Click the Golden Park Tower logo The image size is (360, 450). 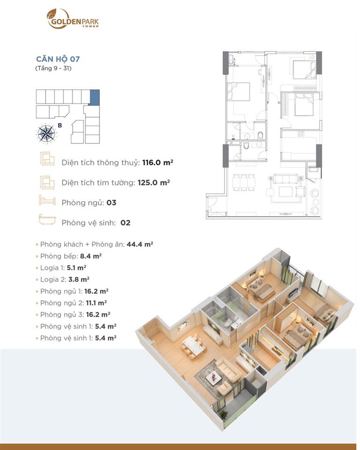(x=73, y=19)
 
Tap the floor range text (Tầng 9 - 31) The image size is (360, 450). (x=53, y=68)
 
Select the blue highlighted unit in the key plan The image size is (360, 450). (x=95, y=97)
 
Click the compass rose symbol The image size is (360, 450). (x=46, y=134)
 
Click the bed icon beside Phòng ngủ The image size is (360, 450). (x=47, y=201)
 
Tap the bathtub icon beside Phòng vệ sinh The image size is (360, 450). (x=47, y=220)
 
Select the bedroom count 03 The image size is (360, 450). (x=112, y=202)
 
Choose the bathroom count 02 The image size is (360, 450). (x=125, y=223)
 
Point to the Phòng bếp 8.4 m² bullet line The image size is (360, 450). (x=71, y=256)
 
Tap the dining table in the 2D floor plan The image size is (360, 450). (x=244, y=182)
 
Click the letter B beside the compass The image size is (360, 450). (x=60, y=125)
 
